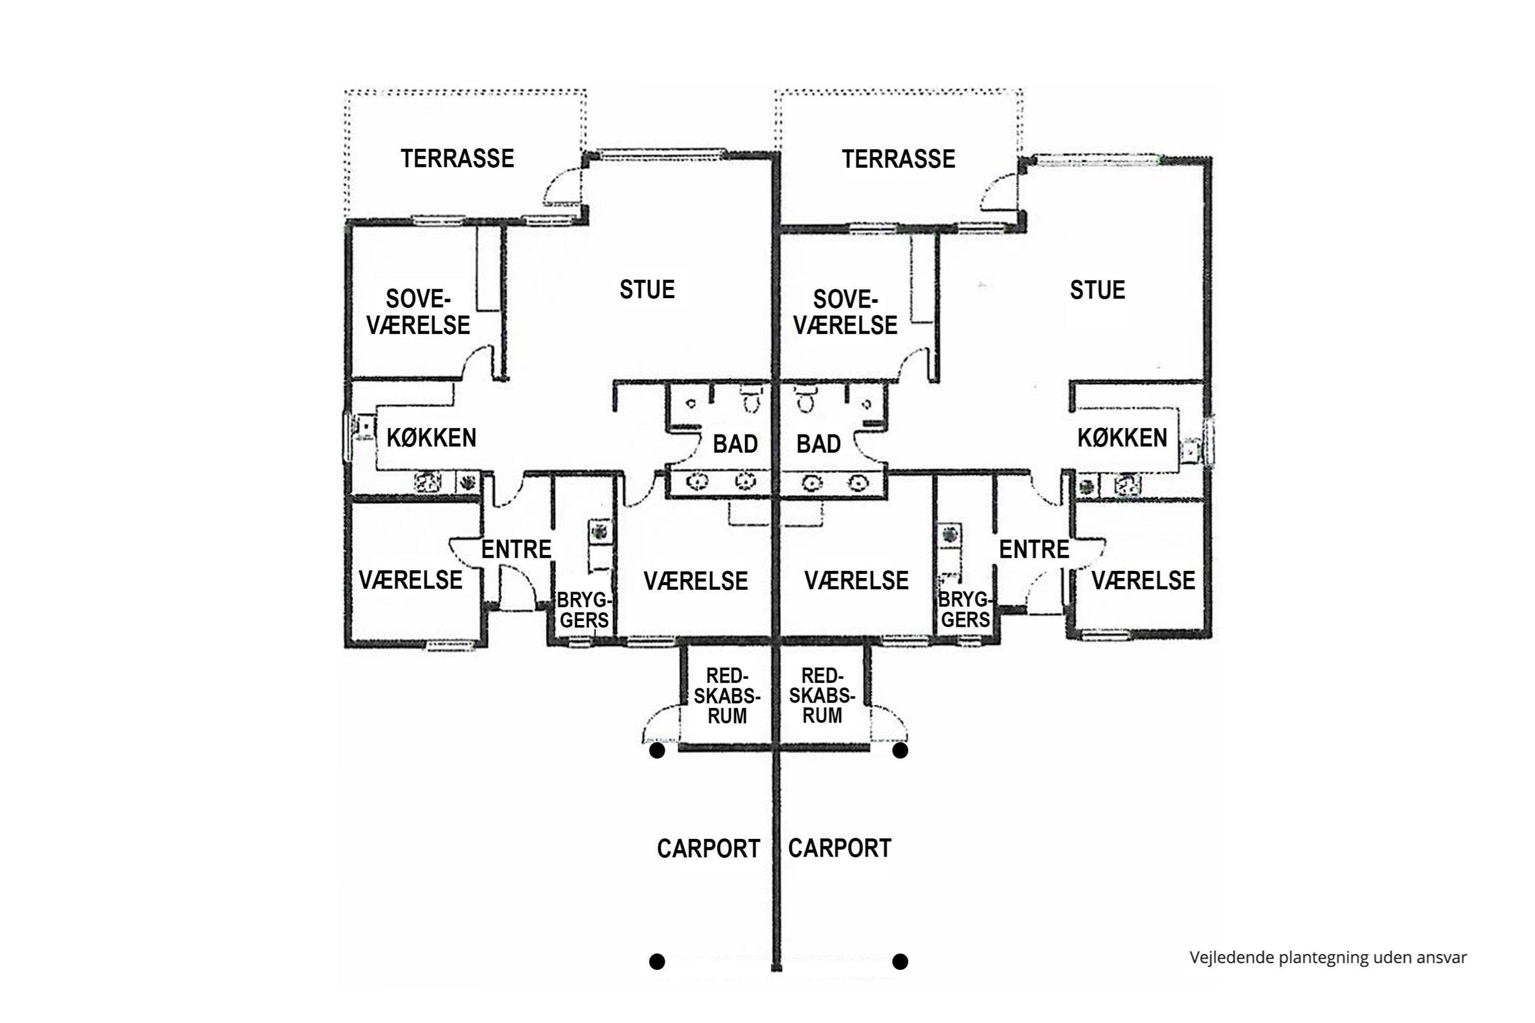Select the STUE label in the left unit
point(646,290)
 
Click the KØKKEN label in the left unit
point(431,438)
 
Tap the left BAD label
point(734,445)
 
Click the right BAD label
point(818,445)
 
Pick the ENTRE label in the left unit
point(515,550)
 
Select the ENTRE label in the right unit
point(1033,550)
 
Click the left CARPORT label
point(708,849)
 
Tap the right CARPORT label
point(839,848)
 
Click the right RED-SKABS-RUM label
point(821,695)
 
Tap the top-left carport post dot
point(657,751)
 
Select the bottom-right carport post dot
point(900,961)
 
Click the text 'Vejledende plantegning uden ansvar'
point(1328,957)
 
